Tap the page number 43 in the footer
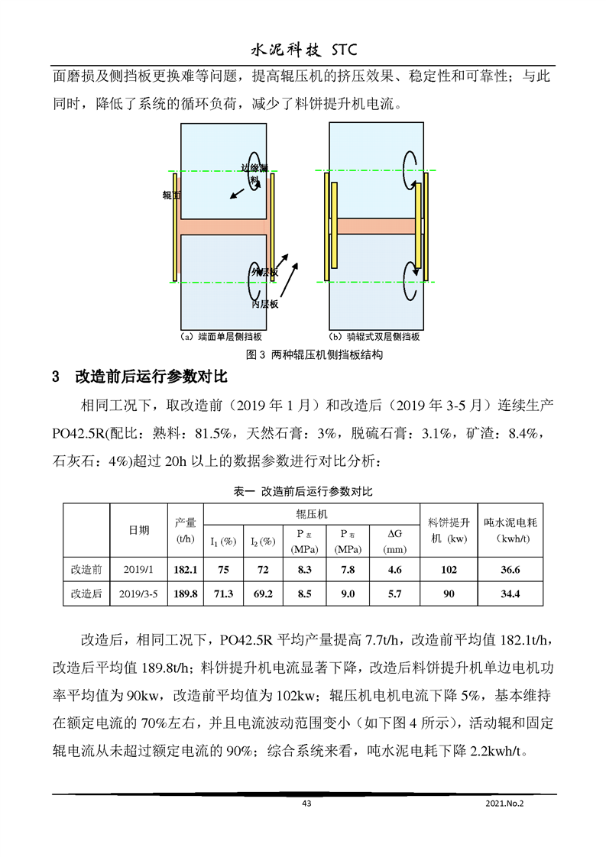(x=307, y=803)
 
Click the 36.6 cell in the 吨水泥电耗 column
(x=510, y=570)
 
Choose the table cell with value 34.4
(x=510, y=593)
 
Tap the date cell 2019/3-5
(x=138, y=593)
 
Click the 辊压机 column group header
(x=311, y=515)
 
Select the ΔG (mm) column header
(x=394, y=541)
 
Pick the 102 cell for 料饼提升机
(x=449, y=570)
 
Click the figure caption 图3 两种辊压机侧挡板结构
(x=303, y=354)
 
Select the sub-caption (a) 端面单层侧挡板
(x=222, y=337)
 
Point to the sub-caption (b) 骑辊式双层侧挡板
(x=374, y=337)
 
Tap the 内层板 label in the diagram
(x=264, y=303)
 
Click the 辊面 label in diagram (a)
(x=170, y=196)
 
